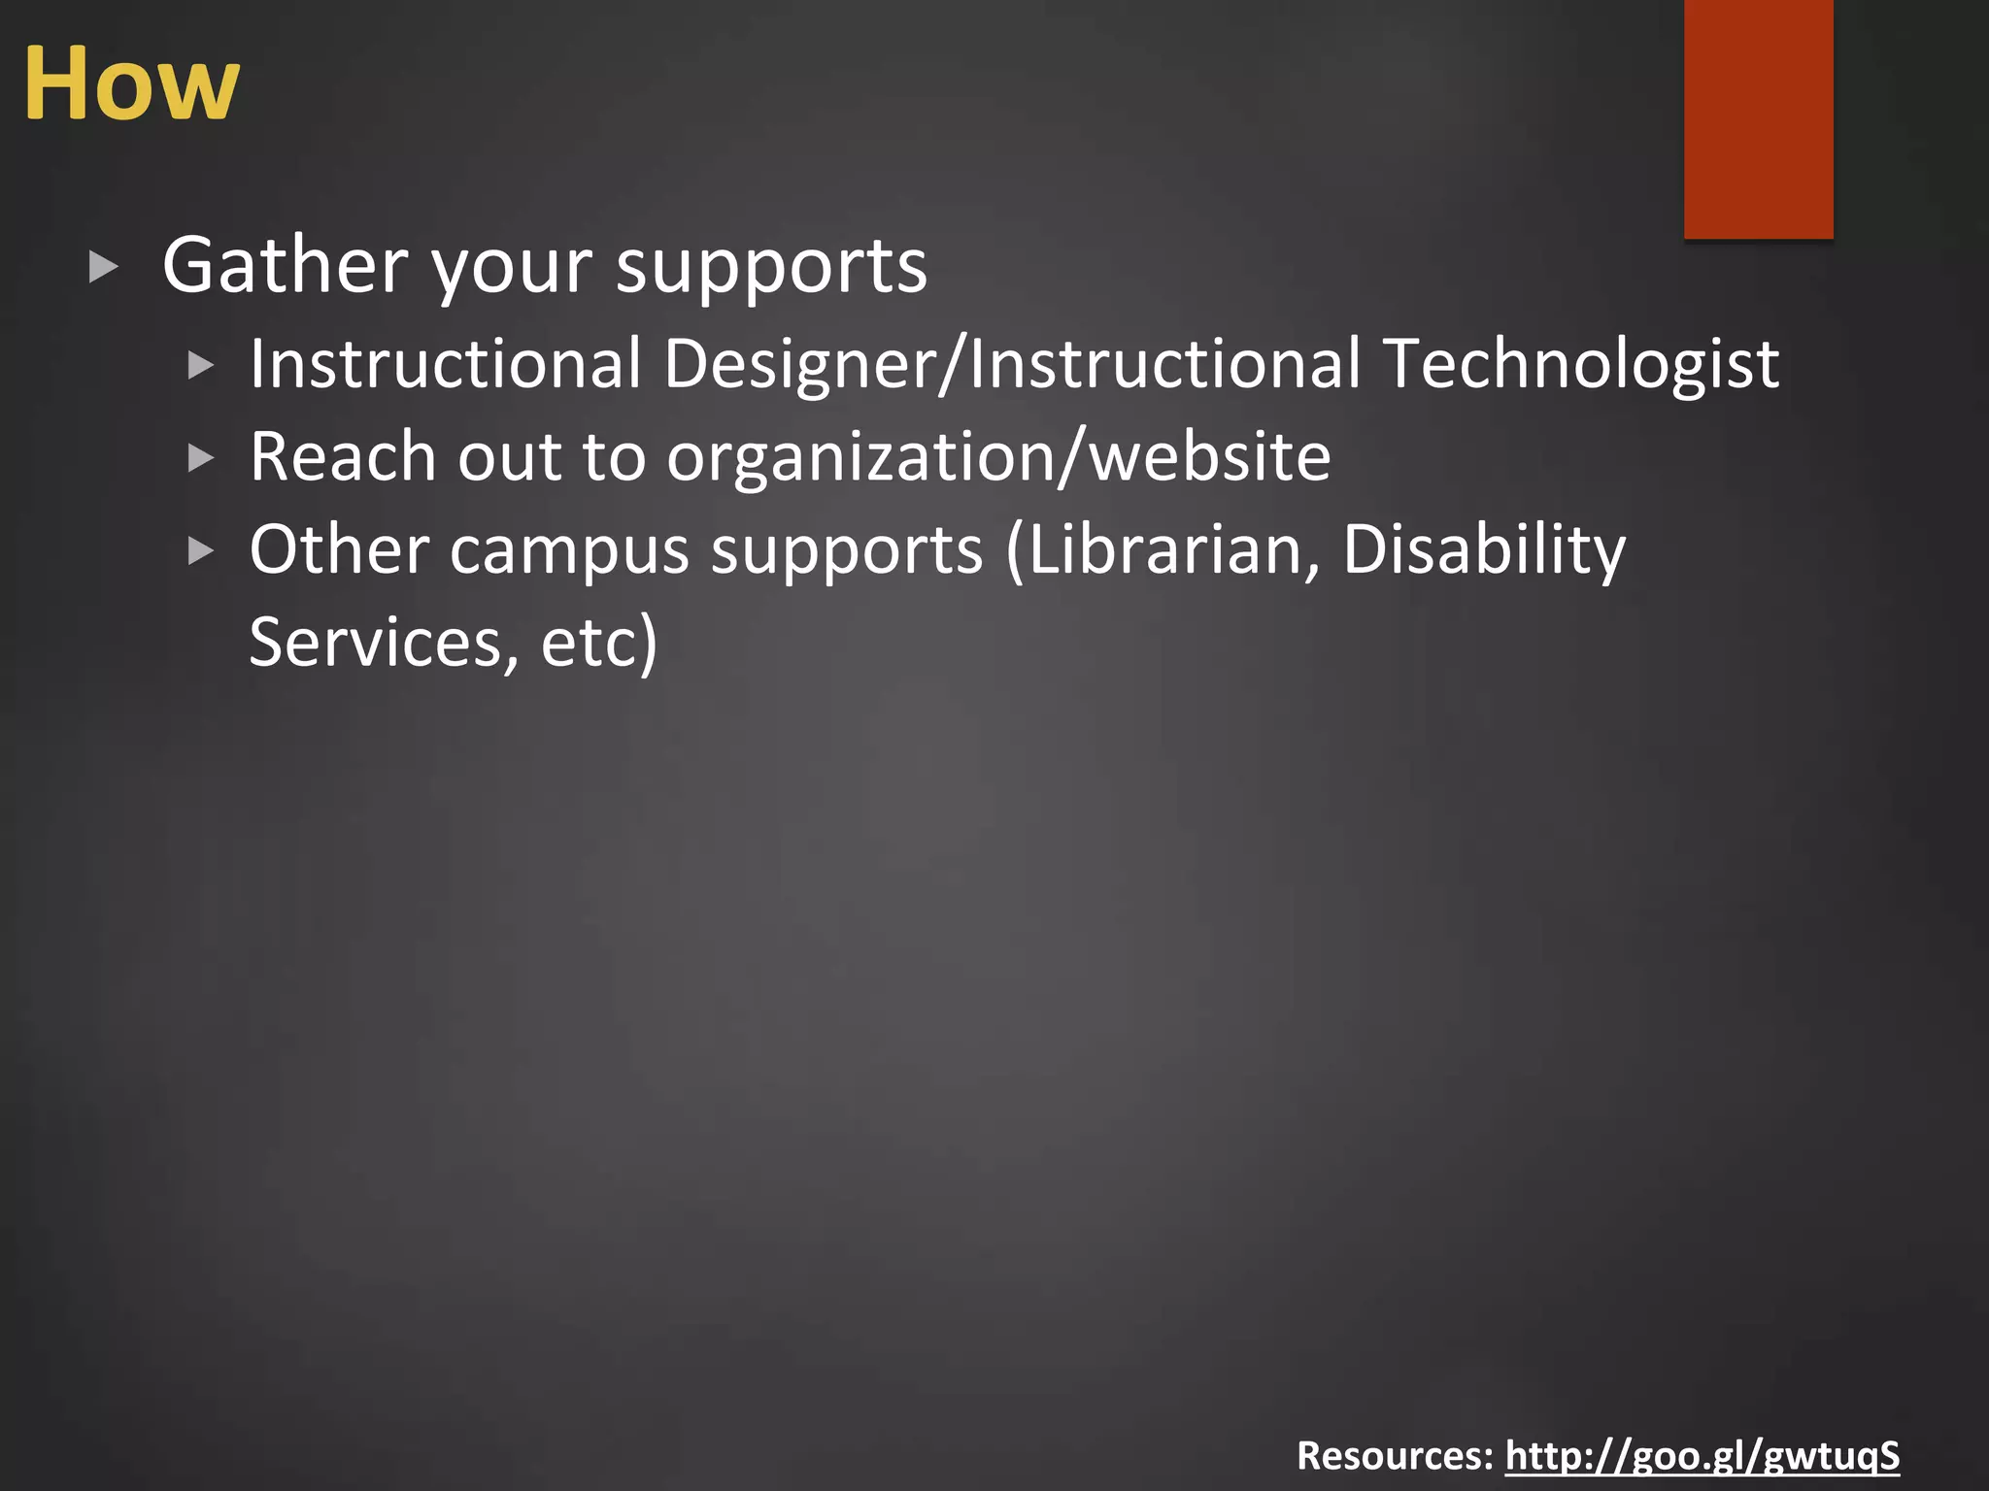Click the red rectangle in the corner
[x=1758, y=118]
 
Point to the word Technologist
[x=1581, y=364]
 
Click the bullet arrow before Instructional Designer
[x=200, y=366]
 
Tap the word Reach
[x=343, y=456]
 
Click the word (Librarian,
[x=1163, y=549]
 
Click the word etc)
[x=599, y=643]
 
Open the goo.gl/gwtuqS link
[x=1702, y=1455]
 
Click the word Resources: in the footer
[x=1395, y=1455]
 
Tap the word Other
[x=339, y=549]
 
